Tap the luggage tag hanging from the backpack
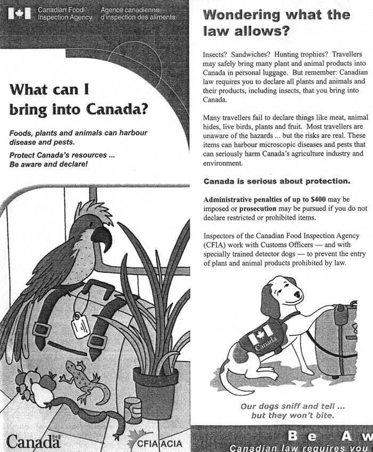(80, 323)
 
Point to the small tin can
(132, 410)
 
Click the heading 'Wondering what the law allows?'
(277, 23)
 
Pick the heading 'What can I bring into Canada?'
(78, 100)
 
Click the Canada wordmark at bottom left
(33, 441)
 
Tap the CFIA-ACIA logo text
(160, 443)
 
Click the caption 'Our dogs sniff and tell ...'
(289, 406)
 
